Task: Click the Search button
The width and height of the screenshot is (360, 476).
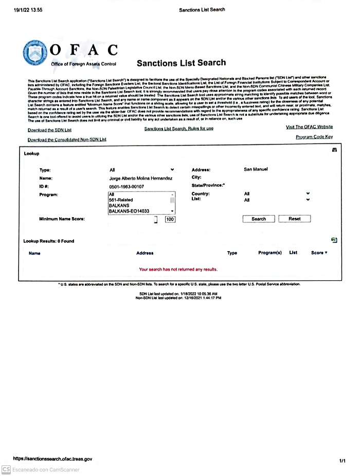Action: pyautogui.click(x=259, y=219)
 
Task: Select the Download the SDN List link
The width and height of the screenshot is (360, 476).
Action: pyautogui.click(x=49, y=130)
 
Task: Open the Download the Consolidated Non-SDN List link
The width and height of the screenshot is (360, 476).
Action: pyautogui.click(x=67, y=139)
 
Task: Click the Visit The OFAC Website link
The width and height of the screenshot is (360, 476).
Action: pyautogui.click(x=309, y=127)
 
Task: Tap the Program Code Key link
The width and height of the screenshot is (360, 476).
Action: pyautogui.click(x=314, y=137)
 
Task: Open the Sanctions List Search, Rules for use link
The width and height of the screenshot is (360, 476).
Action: pyautogui.click(x=178, y=129)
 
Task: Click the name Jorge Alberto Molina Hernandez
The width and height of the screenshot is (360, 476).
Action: pyautogui.click(x=142, y=178)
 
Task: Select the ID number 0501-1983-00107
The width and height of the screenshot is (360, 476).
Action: pyautogui.click(x=127, y=186)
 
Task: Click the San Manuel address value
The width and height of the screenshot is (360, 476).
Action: pyautogui.click(x=256, y=169)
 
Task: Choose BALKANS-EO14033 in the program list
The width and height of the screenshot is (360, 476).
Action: pyautogui.click(x=129, y=211)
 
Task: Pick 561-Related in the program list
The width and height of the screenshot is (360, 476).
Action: pyautogui.click(x=122, y=200)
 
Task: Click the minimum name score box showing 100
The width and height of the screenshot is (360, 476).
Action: pyautogui.click(x=170, y=220)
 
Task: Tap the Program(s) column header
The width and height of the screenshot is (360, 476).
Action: pyautogui.click(x=270, y=253)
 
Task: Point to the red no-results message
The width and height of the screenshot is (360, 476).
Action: pyautogui.click(x=178, y=269)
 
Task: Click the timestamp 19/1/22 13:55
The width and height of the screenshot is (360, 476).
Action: pyautogui.click(x=28, y=10)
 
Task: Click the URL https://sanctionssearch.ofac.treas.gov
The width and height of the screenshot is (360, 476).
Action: pyautogui.click(x=52, y=459)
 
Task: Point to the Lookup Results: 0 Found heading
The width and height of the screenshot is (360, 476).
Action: pyautogui.click(x=49, y=241)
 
